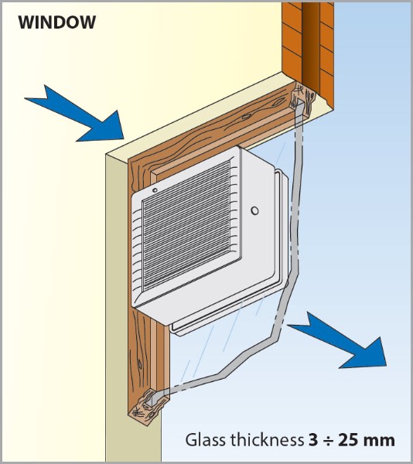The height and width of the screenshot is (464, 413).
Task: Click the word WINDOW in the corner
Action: (x=56, y=22)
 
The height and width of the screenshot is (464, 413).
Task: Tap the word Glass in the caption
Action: (x=206, y=440)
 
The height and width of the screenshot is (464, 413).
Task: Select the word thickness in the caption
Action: (x=268, y=440)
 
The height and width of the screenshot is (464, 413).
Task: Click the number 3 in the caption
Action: (x=313, y=440)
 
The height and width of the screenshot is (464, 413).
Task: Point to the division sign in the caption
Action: (x=329, y=441)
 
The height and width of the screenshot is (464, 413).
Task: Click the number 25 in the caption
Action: (x=349, y=440)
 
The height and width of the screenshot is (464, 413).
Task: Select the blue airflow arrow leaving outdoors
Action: (x=337, y=340)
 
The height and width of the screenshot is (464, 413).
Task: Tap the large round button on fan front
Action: (x=254, y=210)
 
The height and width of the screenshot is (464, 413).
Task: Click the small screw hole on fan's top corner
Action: (x=155, y=190)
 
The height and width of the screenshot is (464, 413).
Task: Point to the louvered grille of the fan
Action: (x=187, y=226)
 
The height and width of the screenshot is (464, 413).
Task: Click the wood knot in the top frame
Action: (x=246, y=117)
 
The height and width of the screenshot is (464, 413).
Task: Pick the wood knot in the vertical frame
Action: (x=139, y=364)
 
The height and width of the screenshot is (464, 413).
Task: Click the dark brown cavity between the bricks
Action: (x=311, y=44)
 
